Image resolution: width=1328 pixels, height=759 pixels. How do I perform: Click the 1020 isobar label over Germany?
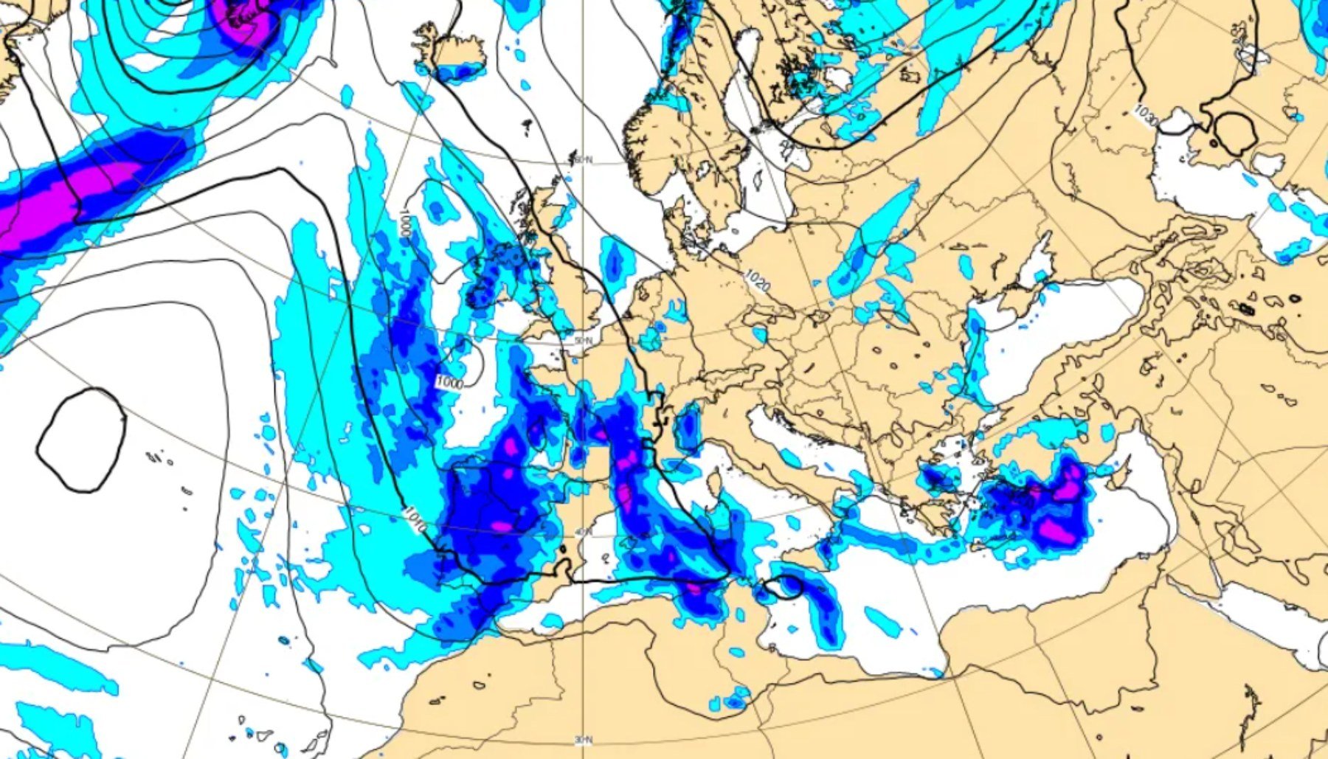click(757, 280)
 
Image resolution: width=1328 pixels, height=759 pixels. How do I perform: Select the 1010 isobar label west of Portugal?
click(415, 519)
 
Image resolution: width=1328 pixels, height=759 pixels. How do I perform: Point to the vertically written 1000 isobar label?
click(404, 223)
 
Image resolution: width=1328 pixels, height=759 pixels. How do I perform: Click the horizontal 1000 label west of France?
click(449, 383)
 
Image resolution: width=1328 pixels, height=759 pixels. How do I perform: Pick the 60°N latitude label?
click(583, 160)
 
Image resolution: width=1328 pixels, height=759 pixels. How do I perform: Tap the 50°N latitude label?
click(583, 340)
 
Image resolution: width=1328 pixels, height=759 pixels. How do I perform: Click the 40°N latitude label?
click(583, 533)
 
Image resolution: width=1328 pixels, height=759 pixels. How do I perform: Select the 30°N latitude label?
click(583, 739)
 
